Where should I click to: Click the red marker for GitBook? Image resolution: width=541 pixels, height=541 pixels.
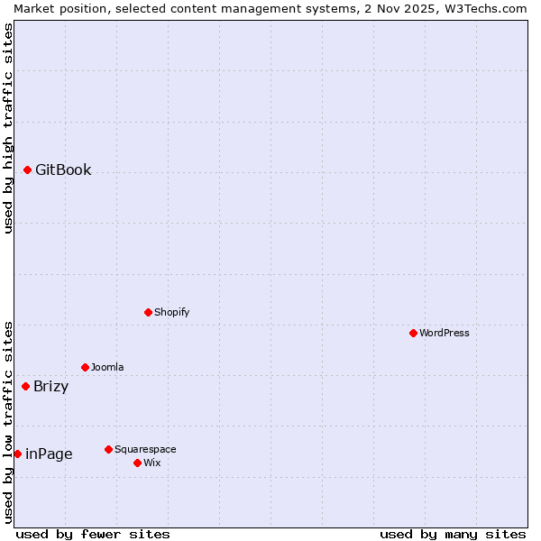click(x=27, y=170)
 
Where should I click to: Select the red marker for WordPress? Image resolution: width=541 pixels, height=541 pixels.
click(x=413, y=333)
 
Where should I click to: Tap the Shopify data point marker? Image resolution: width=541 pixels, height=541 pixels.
click(x=148, y=312)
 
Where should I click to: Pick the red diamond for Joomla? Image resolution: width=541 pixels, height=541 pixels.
click(x=85, y=367)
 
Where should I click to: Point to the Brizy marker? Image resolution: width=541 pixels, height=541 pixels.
click(x=25, y=386)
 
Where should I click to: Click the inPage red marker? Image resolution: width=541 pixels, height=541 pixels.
click(x=17, y=454)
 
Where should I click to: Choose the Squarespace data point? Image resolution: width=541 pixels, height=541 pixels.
click(x=108, y=449)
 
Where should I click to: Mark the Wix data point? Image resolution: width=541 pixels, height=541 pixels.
click(x=137, y=463)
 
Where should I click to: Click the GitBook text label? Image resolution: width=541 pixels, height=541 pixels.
click(x=63, y=170)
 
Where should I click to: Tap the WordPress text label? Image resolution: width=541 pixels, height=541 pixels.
click(x=445, y=333)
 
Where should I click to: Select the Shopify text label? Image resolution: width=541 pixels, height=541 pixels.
click(x=171, y=312)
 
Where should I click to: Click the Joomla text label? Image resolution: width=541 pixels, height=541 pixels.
click(x=107, y=367)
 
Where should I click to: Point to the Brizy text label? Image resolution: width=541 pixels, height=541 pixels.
click(x=50, y=387)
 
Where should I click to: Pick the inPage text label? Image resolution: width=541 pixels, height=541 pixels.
click(x=49, y=454)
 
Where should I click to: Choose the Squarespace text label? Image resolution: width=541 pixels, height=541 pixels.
click(x=145, y=449)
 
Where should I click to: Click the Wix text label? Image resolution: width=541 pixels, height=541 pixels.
click(x=151, y=463)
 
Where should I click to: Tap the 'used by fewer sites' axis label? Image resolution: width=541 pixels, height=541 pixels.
click(x=93, y=534)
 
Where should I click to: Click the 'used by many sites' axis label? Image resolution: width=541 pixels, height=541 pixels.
click(x=453, y=534)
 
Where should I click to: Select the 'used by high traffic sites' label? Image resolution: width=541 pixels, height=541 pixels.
click(x=8, y=128)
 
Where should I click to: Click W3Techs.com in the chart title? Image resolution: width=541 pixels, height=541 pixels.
click(x=482, y=8)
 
